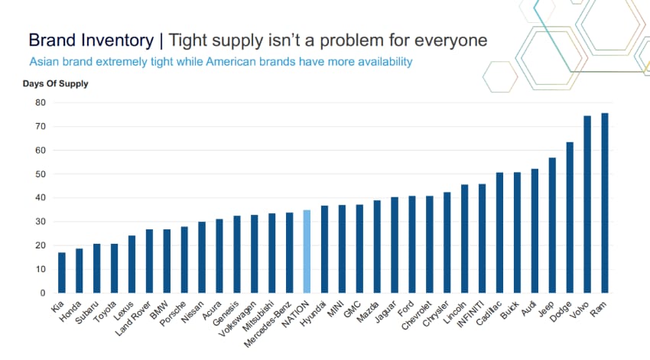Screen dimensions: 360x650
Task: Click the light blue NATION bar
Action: (x=307, y=251)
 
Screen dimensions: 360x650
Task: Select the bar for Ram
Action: (x=605, y=203)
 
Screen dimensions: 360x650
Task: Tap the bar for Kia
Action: (x=62, y=273)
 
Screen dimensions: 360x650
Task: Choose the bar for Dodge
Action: (x=570, y=218)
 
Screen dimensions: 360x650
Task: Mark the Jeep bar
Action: (x=552, y=225)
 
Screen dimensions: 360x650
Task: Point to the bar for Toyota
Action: (x=115, y=268)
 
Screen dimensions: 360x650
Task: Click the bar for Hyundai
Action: (x=324, y=249)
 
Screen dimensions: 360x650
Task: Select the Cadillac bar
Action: (x=499, y=233)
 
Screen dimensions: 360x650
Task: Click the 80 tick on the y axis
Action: (x=41, y=103)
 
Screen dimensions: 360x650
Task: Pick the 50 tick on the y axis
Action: (x=41, y=174)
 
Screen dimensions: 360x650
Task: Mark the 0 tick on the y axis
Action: (x=44, y=293)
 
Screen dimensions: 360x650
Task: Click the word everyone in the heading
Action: (x=453, y=40)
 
